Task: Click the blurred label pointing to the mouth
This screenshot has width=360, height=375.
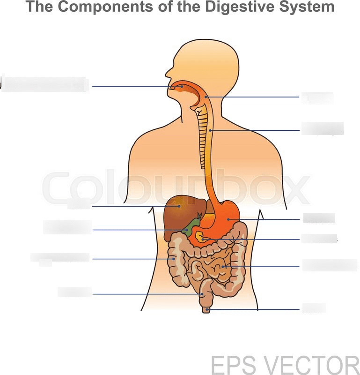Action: pos(45,84)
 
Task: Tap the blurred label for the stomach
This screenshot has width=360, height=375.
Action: pos(319,218)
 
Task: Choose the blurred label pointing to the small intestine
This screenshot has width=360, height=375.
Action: pos(329,265)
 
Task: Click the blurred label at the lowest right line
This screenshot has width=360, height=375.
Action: pos(314,308)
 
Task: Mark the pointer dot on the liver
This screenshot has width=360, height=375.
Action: pos(179,205)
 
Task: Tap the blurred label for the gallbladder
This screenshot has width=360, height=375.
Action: pos(67,227)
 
